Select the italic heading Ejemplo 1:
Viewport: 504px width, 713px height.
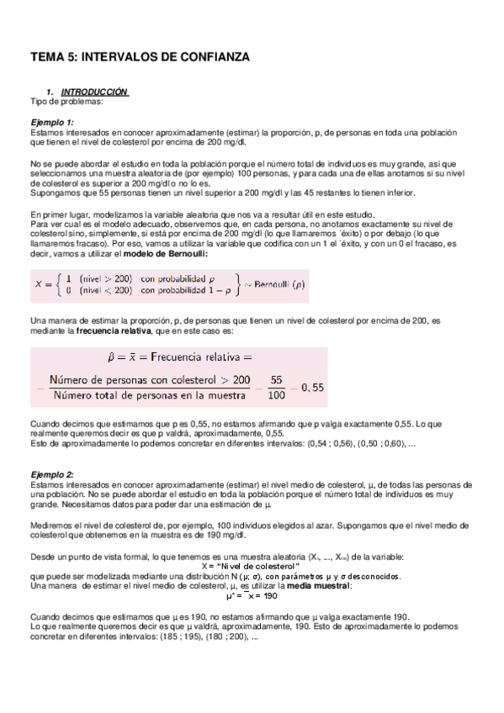pyautogui.click(x=53, y=123)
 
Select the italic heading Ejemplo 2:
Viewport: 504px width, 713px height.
pyautogui.click(x=53, y=475)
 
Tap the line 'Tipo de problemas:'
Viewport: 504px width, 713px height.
pyautogui.click(x=66, y=101)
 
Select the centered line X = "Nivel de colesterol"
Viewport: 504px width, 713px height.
pyautogui.click(x=252, y=567)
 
